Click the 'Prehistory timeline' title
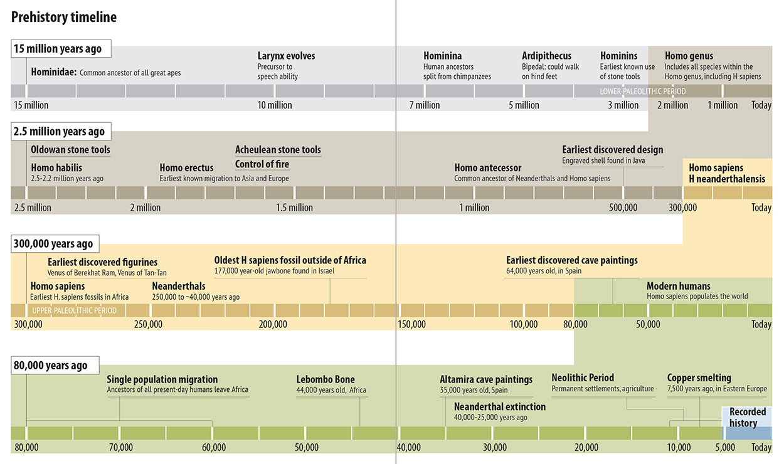pos(64,17)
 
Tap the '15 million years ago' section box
pos(61,49)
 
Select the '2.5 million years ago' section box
pos(61,131)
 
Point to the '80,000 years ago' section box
pos(55,366)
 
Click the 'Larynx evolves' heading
pos(286,56)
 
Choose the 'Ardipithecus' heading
pos(547,56)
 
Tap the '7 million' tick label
pos(425,105)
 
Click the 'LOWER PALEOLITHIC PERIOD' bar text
pos(643,92)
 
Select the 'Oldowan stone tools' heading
pos(70,149)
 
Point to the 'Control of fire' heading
pos(262,164)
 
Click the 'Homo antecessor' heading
pos(488,167)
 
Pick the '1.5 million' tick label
pos(294,208)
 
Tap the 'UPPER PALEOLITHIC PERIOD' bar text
pos(74,310)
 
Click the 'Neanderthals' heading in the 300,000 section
pos(179,286)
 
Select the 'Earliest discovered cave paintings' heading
pos(572,260)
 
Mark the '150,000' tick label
pos(412,324)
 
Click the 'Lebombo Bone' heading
pos(326,379)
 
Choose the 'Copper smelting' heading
pos(699,378)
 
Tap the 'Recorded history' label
pos(748,417)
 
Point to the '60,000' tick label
pos(214,447)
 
